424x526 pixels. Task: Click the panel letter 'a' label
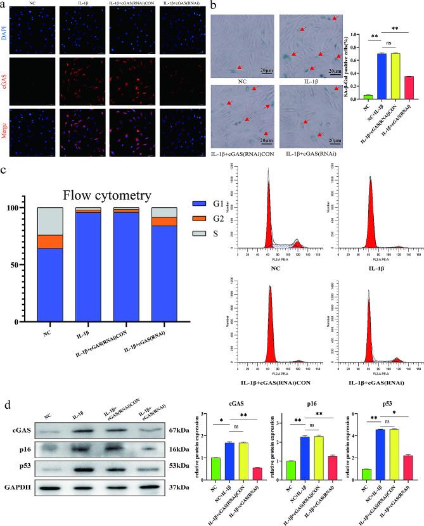(4, 5)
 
